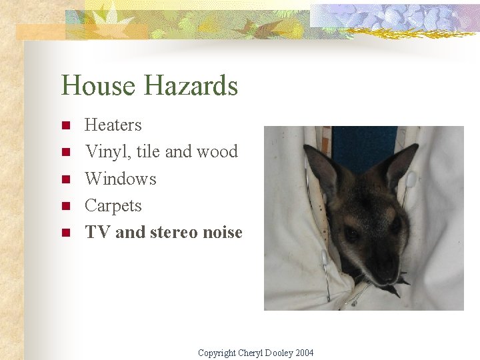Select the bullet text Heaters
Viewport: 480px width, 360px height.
[113, 125]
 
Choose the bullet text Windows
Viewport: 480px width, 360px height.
[121, 179]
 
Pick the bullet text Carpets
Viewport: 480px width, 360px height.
[113, 206]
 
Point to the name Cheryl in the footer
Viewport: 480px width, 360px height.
[251, 353]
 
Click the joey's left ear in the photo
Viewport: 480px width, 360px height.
[324, 170]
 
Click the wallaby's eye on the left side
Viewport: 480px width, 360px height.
[352, 233]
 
